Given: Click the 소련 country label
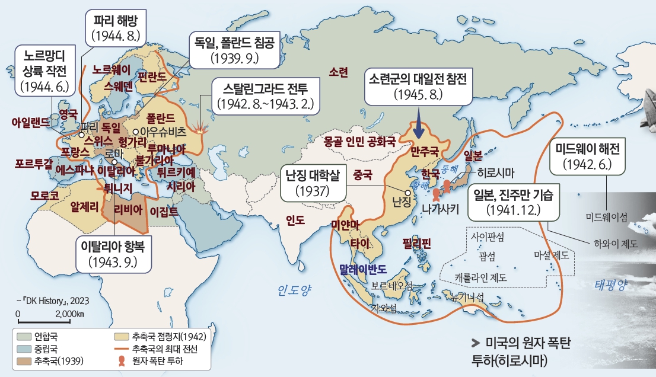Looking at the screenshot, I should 339,72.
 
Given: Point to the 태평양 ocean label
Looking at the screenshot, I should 610,285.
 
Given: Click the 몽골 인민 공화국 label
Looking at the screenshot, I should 359,142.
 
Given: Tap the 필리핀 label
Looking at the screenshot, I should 416,243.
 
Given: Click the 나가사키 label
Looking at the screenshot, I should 441,209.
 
